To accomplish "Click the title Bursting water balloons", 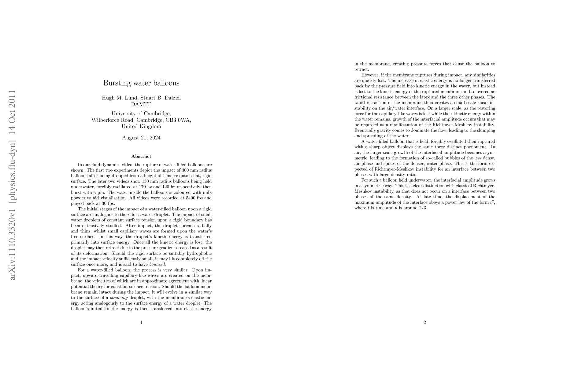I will pos(141,83).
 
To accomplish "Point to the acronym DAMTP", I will pos(141,104).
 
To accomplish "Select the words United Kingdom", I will pos(141,126).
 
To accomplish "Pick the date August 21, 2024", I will pos(141,138).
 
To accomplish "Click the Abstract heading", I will pos(141,156).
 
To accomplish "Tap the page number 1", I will pos(141,322).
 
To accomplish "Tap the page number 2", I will pos(425,322).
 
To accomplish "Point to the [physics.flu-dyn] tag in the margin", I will pos(12,159).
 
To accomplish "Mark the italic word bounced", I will pos(157,264).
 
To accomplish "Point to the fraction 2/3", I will pos(423,208).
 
